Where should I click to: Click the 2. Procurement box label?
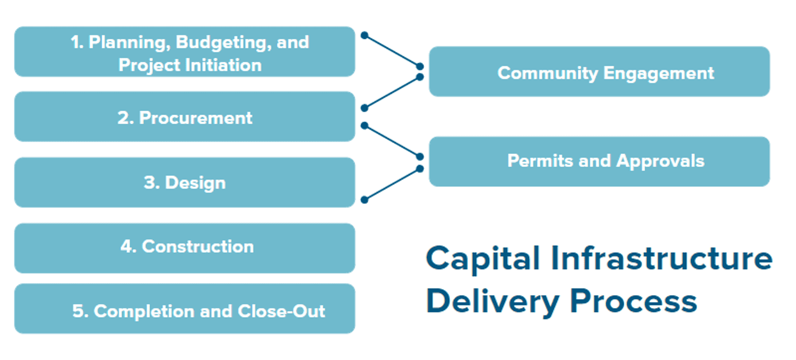tap(185, 117)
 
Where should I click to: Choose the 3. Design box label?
tap(185, 183)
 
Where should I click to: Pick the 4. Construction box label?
tap(187, 246)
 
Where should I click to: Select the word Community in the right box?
tap(548, 73)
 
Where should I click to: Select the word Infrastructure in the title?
tap(661, 259)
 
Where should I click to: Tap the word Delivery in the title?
tap(491, 301)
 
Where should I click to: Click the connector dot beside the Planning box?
tap(364, 35)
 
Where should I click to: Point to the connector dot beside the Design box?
tap(364, 200)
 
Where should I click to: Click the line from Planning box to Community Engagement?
tap(392, 50)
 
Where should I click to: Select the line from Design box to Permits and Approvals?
tap(392, 184)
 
